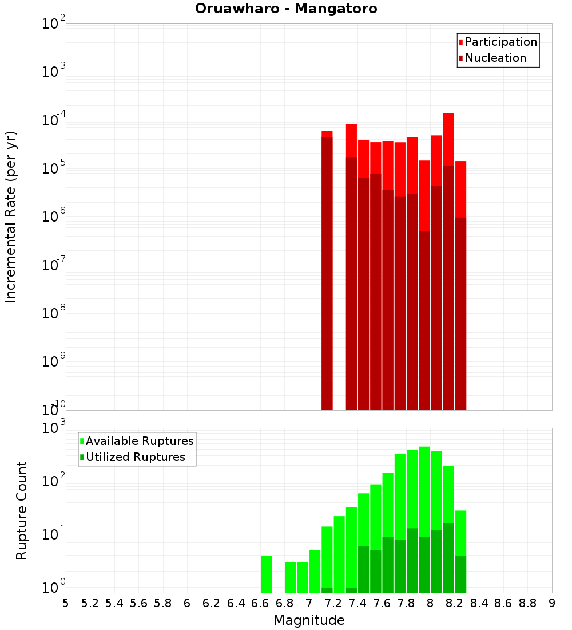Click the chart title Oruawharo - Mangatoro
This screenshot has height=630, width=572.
coord(286,9)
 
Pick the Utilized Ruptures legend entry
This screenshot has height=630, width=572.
coord(135,457)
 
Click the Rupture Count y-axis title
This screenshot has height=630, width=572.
coord(22,510)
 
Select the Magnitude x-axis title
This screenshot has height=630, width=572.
coord(309,620)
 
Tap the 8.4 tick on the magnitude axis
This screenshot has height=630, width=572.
coord(479,603)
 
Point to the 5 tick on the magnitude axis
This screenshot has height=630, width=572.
coord(66,603)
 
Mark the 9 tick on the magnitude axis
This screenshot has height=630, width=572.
coord(552,603)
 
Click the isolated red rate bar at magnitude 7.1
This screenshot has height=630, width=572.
coord(327,269)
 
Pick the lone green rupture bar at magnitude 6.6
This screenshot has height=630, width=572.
coord(266,574)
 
